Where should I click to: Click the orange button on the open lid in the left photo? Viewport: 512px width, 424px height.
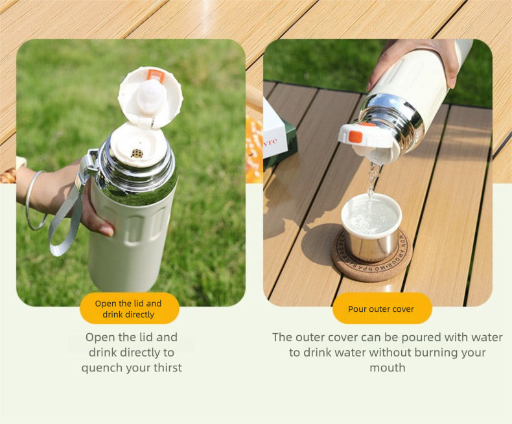(156, 75)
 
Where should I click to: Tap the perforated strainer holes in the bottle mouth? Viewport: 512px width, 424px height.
(137, 153)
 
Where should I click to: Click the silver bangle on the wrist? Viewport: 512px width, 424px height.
(35, 200)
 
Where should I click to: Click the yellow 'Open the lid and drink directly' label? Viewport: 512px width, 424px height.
(130, 309)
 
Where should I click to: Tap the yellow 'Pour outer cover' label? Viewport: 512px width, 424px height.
(382, 309)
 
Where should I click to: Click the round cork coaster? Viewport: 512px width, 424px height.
(372, 255)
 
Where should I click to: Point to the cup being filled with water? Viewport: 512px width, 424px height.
(371, 227)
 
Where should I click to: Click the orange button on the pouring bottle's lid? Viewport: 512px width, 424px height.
(355, 136)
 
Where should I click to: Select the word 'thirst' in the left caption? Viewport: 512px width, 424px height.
(168, 368)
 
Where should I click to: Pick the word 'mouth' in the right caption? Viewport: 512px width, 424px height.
(388, 368)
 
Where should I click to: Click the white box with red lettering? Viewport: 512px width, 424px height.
(274, 132)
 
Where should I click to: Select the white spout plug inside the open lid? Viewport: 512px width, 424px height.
(151, 97)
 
